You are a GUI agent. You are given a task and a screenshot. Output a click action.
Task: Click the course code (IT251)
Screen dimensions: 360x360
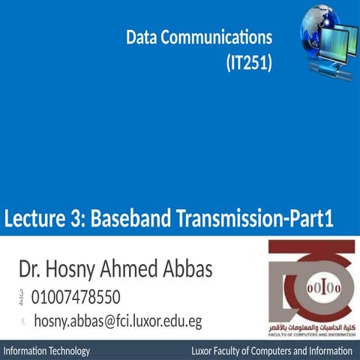coord(248,64)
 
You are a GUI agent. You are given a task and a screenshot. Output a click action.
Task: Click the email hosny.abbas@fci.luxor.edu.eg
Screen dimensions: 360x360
coord(118,322)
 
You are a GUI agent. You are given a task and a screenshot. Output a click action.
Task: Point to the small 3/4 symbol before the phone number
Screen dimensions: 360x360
coord(21,297)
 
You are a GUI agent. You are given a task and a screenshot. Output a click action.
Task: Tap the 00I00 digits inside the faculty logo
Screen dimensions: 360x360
coord(313,288)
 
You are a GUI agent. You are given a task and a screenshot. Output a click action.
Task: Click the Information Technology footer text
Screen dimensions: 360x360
coord(47,351)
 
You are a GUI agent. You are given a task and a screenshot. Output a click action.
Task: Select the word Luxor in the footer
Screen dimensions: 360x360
coord(204,351)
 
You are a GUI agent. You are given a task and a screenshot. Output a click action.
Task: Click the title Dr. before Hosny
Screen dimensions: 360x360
coord(31,268)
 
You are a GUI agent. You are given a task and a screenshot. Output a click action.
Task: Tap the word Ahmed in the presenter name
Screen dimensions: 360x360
coord(133,268)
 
